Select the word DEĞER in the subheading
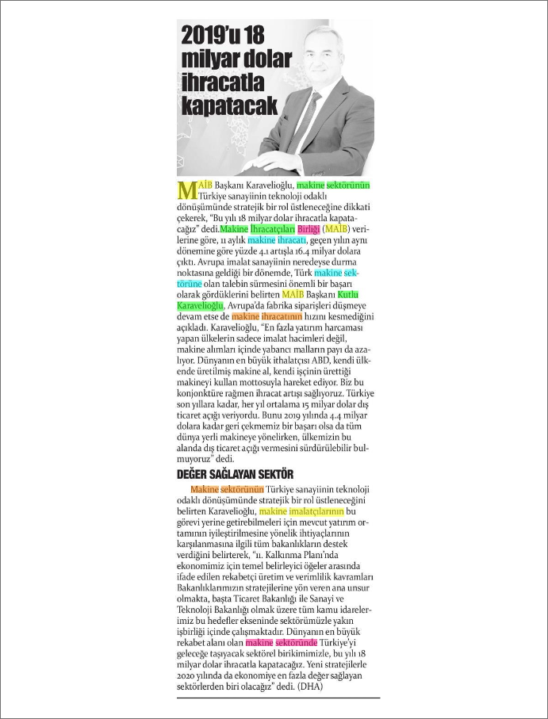pyautogui.click(x=194, y=475)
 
